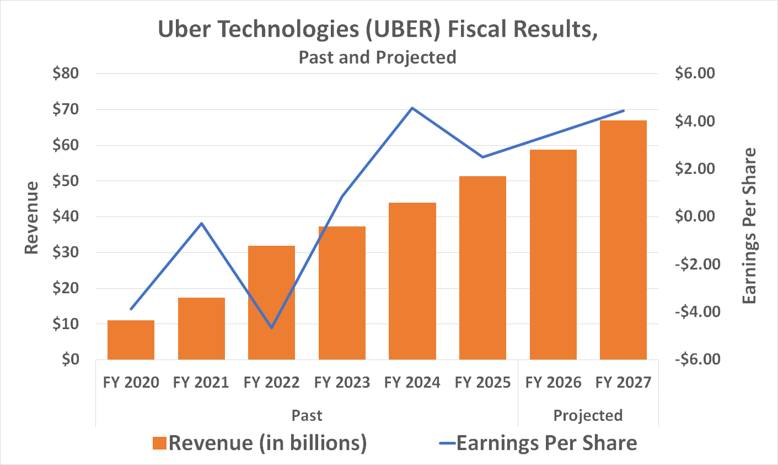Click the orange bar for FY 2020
point(131,340)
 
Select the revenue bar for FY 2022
point(271,303)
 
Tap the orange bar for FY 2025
point(482,268)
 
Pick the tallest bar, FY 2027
point(623,240)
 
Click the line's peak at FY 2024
point(412,108)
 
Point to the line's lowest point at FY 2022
point(271,328)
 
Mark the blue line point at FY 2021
point(202,223)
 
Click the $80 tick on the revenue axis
point(66,73)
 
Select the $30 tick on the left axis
point(66,252)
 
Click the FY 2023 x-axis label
point(342,382)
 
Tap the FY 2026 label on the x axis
point(553,382)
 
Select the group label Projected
point(588,415)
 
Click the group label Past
point(307,415)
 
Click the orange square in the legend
point(159,443)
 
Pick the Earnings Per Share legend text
point(546,443)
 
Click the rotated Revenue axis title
point(32,218)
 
